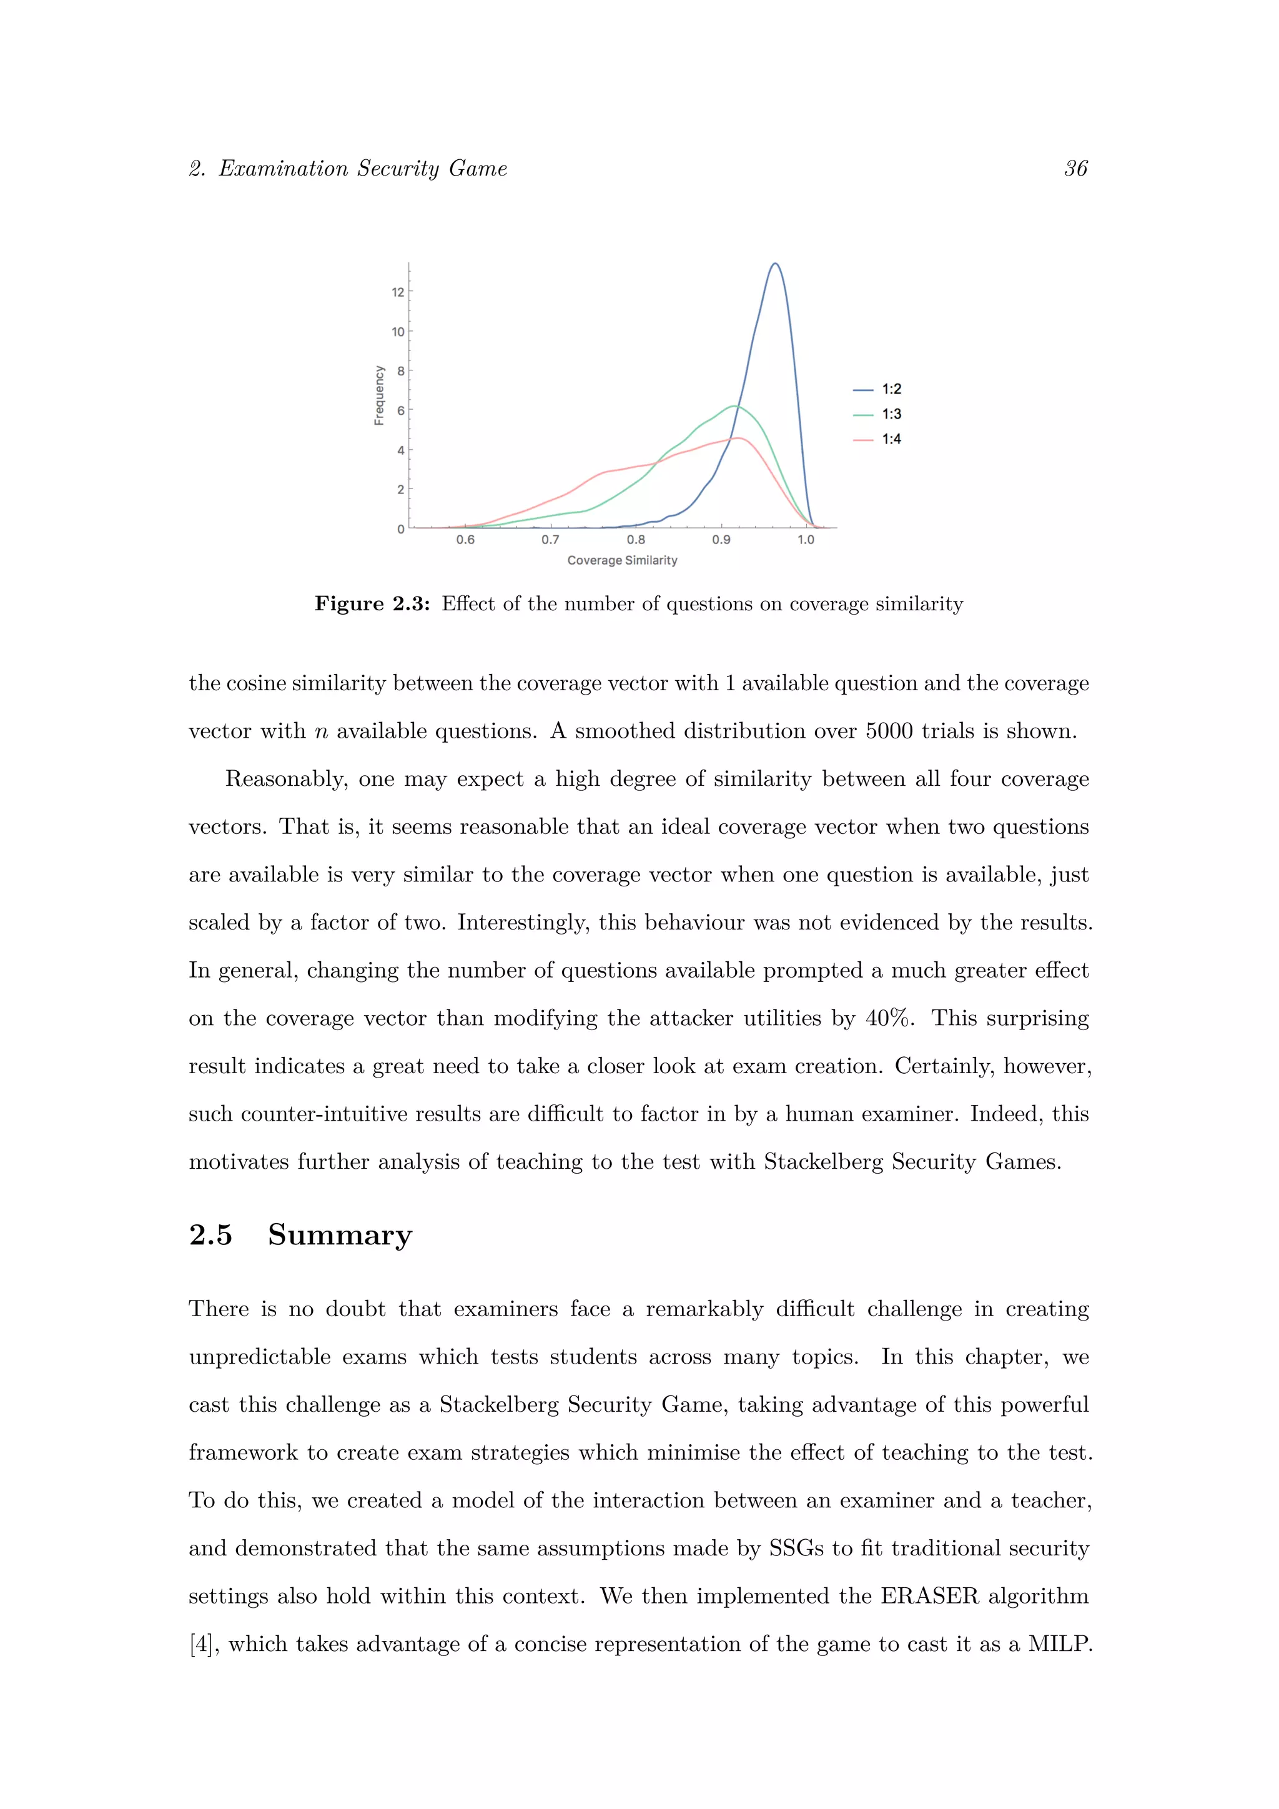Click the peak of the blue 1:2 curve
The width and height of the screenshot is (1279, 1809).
(775, 264)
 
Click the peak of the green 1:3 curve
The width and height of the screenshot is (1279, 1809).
(734, 406)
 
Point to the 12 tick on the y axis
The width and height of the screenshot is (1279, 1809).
(398, 292)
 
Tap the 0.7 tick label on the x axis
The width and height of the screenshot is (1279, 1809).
(550, 540)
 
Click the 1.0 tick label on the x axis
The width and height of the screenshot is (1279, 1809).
(806, 540)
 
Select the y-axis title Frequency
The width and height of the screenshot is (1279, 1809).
(379, 395)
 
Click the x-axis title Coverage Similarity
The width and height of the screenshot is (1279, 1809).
(622, 560)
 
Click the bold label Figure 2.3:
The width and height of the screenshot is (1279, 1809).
(372, 604)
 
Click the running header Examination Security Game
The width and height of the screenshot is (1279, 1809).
(362, 169)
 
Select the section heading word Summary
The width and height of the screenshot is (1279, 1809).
(340, 1234)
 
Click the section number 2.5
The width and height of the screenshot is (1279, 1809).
(210, 1234)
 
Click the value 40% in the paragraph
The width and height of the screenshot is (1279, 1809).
(889, 1018)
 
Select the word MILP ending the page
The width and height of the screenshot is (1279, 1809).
(1059, 1644)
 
